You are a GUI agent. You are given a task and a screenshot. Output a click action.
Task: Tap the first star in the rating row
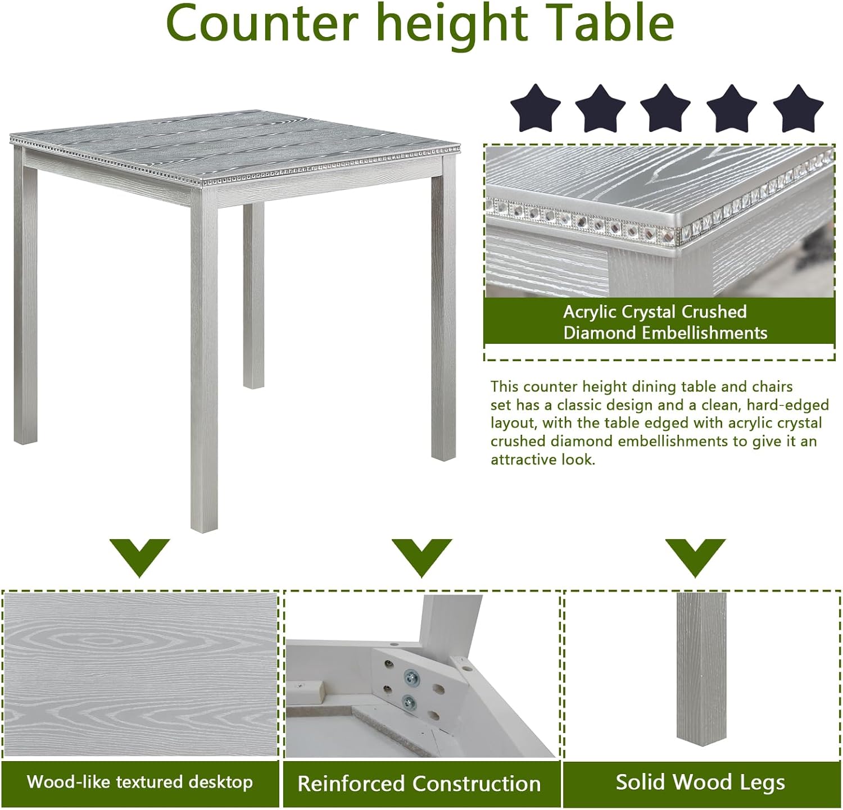[x=535, y=108]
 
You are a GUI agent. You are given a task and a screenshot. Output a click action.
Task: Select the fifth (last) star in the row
[x=798, y=108]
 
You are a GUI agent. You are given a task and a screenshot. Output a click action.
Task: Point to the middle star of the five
[x=665, y=108]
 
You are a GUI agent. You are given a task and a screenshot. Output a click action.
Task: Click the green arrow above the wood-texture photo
[x=139, y=556]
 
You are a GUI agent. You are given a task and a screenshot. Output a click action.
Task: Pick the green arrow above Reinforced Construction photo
[x=422, y=556]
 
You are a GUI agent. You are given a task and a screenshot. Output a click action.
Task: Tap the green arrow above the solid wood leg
[x=695, y=556]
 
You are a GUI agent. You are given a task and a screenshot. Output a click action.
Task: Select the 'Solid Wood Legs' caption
[x=700, y=782]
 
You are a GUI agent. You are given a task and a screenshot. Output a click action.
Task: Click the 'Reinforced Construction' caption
[x=419, y=784]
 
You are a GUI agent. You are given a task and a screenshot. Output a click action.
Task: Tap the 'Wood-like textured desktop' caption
[x=140, y=782]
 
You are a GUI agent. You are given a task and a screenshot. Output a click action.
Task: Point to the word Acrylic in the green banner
[x=590, y=312]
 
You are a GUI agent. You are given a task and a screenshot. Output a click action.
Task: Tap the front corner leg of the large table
[x=204, y=365]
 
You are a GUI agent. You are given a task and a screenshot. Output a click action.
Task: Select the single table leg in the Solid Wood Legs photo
[x=701, y=668]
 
